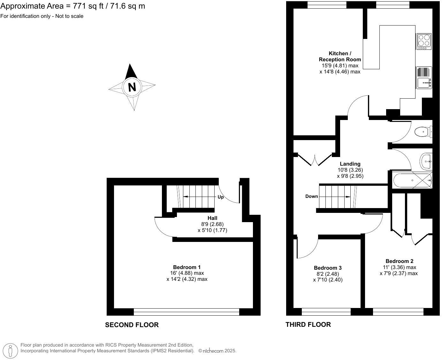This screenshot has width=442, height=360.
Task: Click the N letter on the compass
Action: coord(132,87)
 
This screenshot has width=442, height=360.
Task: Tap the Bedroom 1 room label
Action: coord(187,267)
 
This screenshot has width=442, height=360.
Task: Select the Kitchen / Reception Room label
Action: coord(340,56)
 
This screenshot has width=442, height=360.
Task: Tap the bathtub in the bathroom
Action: coord(412,181)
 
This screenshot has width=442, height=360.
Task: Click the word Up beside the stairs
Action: coord(221,197)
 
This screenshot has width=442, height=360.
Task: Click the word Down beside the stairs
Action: coord(311,196)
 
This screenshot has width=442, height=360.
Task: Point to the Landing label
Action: coord(350,164)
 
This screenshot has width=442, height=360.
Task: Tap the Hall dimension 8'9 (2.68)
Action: coord(212,224)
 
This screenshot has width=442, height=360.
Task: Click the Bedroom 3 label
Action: coord(328,268)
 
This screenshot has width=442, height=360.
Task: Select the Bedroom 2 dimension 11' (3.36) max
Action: coord(399,267)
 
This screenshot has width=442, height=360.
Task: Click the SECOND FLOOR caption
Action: coord(132,325)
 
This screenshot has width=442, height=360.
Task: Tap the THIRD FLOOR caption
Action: coord(308,325)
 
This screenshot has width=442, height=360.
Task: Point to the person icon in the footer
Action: coord(11,351)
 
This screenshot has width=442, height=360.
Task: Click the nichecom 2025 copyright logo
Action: coord(217,351)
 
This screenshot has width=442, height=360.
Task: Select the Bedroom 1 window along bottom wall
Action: coord(187,312)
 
